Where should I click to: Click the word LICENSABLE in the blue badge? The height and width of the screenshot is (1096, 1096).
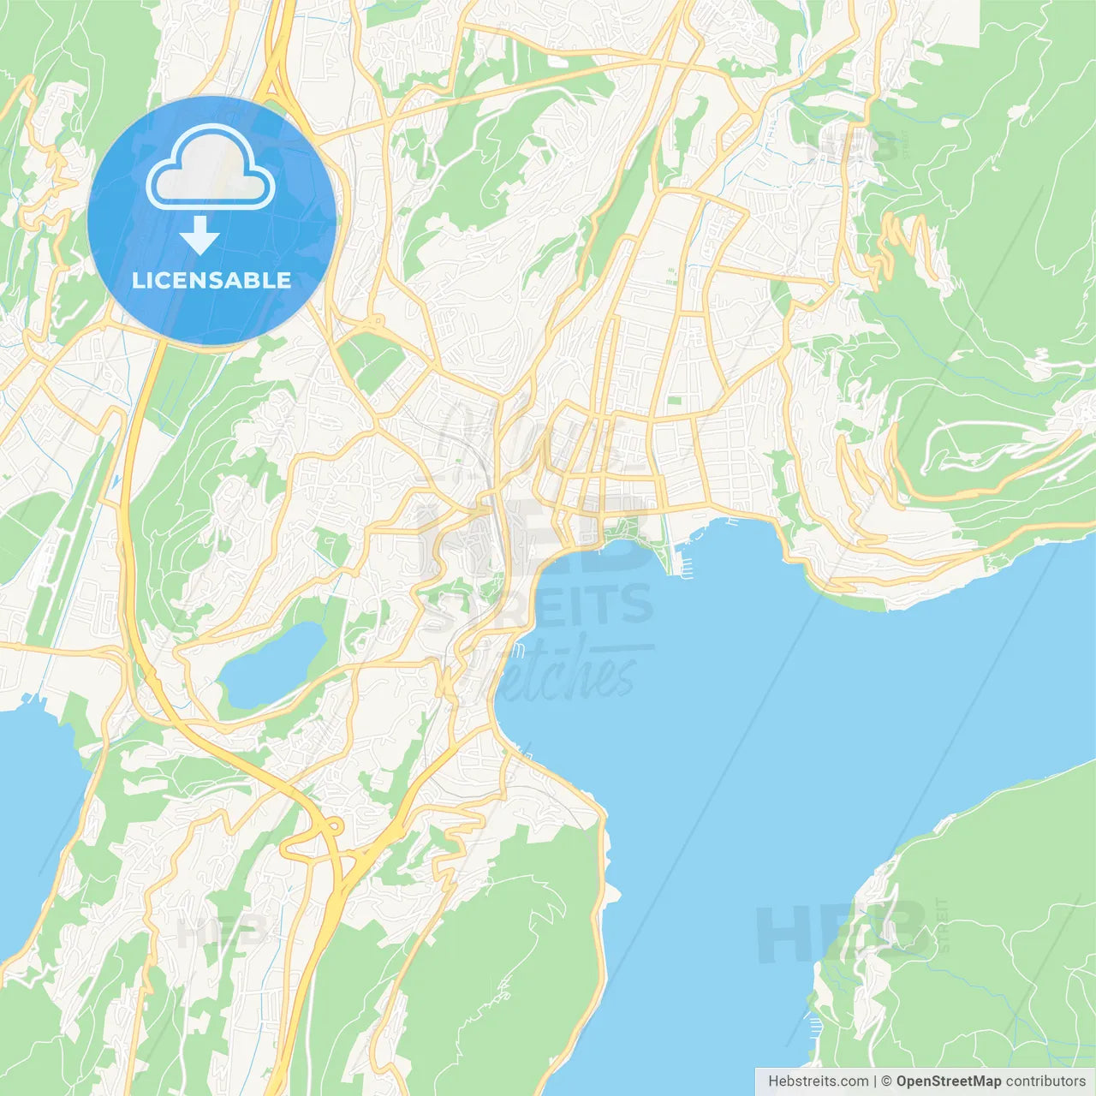211,280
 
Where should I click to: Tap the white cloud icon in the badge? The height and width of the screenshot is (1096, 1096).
211,169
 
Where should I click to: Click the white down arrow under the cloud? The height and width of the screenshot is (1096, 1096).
200,235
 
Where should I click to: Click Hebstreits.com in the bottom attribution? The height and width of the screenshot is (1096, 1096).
818,1081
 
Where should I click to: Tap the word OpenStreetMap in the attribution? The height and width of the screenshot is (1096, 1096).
948,1081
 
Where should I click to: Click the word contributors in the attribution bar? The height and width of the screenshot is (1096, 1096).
1045,1081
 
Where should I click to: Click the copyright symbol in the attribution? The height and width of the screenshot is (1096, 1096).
886,1081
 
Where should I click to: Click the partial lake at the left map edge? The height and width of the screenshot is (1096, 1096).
34,813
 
